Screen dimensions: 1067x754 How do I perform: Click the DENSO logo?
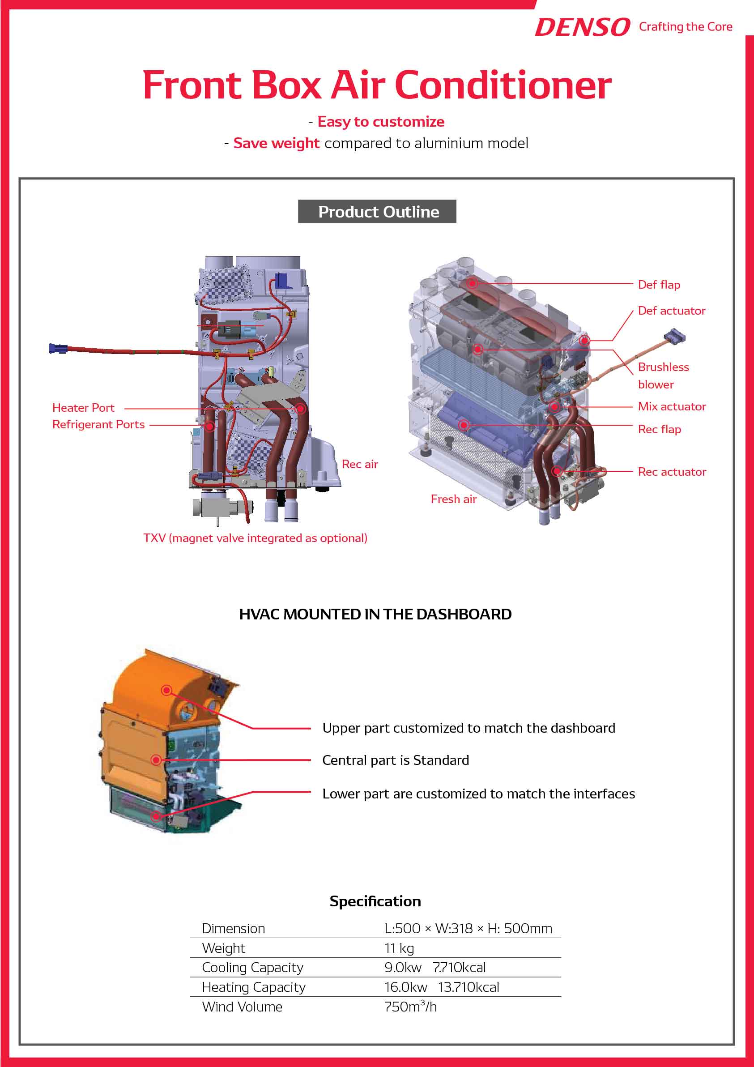click(582, 27)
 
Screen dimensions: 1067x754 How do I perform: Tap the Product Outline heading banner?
click(377, 211)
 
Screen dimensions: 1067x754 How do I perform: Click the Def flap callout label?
click(658, 284)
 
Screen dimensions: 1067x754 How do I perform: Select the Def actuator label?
click(671, 311)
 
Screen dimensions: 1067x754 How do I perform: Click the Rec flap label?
click(659, 429)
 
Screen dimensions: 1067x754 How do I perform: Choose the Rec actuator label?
click(671, 472)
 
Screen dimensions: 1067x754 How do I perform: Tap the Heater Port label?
click(83, 408)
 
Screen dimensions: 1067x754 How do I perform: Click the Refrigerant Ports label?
click(98, 424)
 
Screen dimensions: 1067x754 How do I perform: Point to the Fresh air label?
click(453, 499)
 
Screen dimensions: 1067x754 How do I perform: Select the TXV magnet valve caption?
click(255, 538)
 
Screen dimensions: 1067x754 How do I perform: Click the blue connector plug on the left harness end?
click(58, 348)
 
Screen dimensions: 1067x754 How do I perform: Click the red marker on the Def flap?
click(472, 283)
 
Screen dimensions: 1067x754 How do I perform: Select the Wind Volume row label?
click(242, 1007)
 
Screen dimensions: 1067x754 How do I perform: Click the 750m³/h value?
click(410, 1007)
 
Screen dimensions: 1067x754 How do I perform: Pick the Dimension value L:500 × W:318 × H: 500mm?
click(468, 929)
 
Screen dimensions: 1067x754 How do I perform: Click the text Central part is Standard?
click(396, 760)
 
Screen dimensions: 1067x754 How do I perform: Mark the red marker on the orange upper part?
click(166, 690)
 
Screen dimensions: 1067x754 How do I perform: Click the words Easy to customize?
click(380, 122)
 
